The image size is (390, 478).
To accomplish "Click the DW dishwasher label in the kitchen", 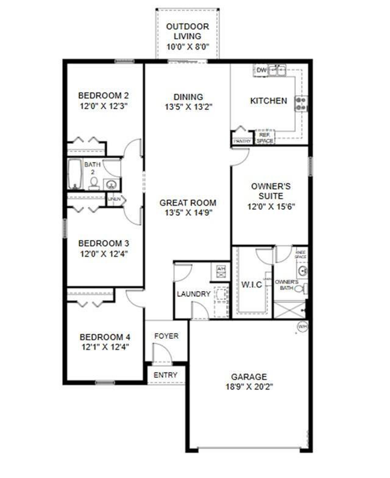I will pyautogui.click(x=261, y=70).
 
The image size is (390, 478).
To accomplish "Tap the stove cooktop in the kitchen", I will pyautogui.click(x=301, y=104).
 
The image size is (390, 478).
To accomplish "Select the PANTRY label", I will pyautogui.click(x=243, y=141).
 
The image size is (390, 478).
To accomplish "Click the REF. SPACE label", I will pyautogui.click(x=265, y=138).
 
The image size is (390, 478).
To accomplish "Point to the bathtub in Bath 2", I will pyautogui.click(x=75, y=174).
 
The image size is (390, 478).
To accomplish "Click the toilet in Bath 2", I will pyautogui.click(x=94, y=183).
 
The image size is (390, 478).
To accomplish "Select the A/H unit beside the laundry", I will pyautogui.click(x=220, y=271).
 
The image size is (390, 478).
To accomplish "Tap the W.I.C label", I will pyautogui.click(x=252, y=285).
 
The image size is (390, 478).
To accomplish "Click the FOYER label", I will pyautogui.click(x=166, y=336).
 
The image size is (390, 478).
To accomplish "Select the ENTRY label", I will pyautogui.click(x=165, y=375).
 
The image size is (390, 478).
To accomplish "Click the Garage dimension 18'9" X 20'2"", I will pyautogui.click(x=249, y=387).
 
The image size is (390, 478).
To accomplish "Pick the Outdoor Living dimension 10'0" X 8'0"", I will pyautogui.click(x=188, y=47).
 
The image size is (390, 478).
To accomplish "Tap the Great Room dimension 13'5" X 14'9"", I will pyautogui.click(x=188, y=213).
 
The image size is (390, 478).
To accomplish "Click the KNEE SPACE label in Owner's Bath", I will pyautogui.click(x=300, y=255).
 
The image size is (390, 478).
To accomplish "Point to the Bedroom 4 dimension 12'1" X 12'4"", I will pyautogui.click(x=105, y=347).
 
